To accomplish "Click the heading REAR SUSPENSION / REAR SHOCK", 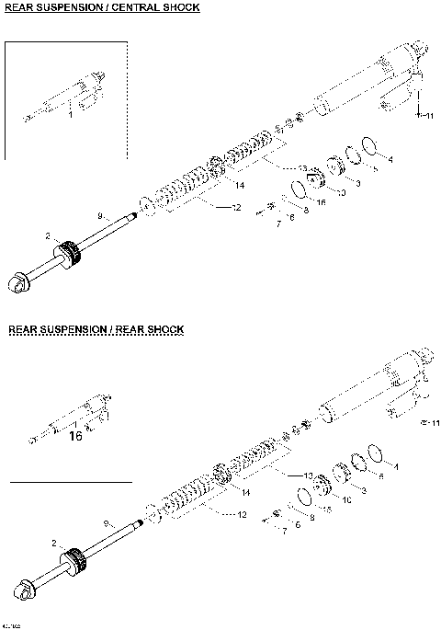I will click(x=96, y=328).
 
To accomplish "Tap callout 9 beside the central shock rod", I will click(x=101, y=214).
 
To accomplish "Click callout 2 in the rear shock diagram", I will click(x=55, y=543).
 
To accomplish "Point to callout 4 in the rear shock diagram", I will click(x=395, y=467).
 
